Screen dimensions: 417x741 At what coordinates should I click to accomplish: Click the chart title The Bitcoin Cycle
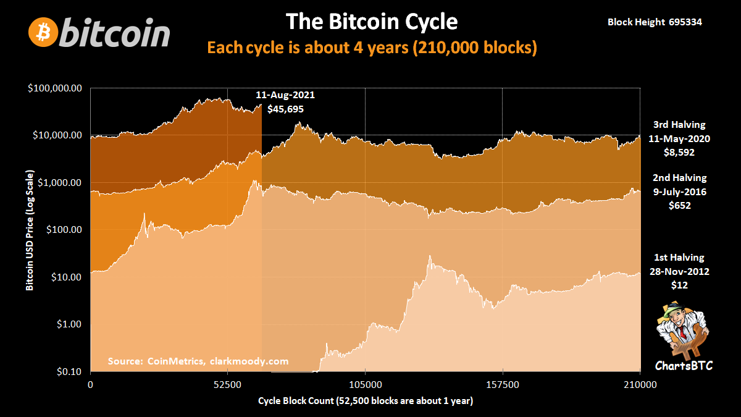(371, 22)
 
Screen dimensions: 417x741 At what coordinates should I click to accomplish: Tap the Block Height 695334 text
(655, 22)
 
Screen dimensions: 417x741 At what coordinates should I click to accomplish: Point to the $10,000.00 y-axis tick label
(57, 135)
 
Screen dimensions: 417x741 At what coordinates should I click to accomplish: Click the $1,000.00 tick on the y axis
(59, 183)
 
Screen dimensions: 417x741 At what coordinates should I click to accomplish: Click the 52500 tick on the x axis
(228, 384)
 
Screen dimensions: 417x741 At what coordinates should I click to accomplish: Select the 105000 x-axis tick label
(366, 384)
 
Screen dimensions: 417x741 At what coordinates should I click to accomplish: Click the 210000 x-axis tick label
(640, 384)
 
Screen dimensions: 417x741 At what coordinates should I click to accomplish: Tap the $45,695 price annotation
(285, 109)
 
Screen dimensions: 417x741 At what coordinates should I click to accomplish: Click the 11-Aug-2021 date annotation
(285, 96)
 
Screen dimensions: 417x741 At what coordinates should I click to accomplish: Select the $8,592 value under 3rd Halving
(679, 151)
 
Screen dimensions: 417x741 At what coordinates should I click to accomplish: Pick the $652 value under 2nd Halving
(679, 205)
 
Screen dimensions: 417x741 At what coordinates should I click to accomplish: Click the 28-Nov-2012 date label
(679, 272)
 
